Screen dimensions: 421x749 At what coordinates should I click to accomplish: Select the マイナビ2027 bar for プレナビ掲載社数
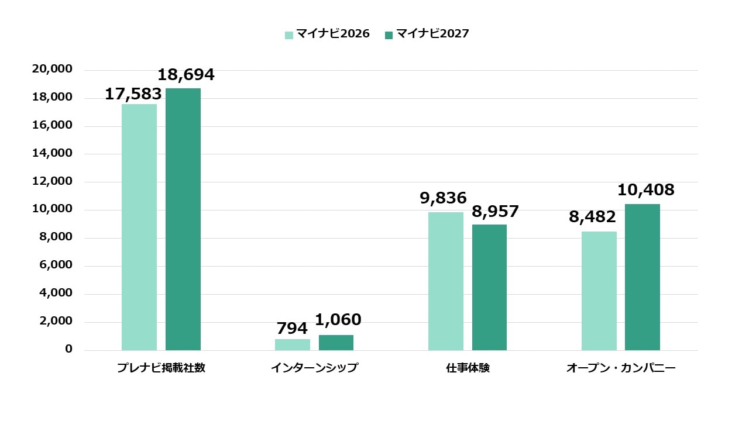click(x=183, y=219)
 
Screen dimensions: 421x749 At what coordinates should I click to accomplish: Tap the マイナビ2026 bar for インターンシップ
click(x=293, y=344)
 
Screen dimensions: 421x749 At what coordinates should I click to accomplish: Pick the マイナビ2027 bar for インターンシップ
click(x=336, y=343)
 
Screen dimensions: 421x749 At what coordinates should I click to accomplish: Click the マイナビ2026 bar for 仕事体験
click(x=446, y=281)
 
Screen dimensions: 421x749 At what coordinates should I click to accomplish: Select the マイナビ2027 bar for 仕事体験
click(x=490, y=287)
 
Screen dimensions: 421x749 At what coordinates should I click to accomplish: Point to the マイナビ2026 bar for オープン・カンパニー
click(x=599, y=291)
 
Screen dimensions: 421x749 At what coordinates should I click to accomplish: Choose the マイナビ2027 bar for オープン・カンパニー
click(x=643, y=277)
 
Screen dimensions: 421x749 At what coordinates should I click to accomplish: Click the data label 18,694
click(x=186, y=75)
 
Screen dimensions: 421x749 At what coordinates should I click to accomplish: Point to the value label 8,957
click(x=496, y=212)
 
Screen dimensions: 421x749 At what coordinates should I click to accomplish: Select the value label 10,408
click(x=646, y=190)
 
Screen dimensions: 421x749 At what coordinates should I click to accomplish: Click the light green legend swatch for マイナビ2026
click(x=289, y=35)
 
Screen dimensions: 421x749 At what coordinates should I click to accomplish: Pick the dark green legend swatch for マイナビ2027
click(x=389, y=35)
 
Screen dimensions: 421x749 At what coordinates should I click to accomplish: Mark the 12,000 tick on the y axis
click(x=53, y=181)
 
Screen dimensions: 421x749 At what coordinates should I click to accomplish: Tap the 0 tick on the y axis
click(x=69, y=349)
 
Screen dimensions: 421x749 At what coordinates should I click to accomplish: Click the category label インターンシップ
click(x=314, y=368)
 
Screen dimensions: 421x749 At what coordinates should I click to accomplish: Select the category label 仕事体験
click(x=468, y=368)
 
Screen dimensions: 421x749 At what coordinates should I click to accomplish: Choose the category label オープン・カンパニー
click(x=621, y=368)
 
